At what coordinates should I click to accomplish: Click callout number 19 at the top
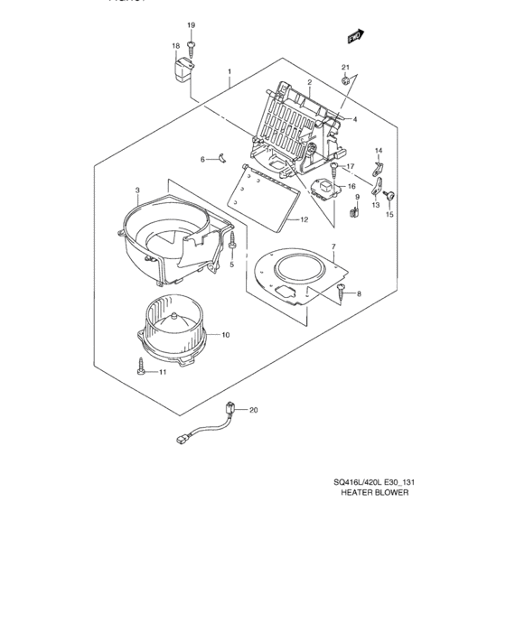(191, 23)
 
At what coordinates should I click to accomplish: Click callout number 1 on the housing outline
(230, 71)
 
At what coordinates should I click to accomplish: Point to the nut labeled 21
(346, 82)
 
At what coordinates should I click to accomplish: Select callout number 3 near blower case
(136, 191)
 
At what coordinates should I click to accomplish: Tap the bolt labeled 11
(143, 369)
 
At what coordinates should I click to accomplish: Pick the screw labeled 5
(233, 243)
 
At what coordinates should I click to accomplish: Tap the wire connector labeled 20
(233, 412)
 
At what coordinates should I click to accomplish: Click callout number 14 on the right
(379, 150)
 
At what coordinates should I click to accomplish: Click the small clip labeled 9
(353, 213)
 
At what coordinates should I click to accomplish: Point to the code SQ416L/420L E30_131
(372, 481)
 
